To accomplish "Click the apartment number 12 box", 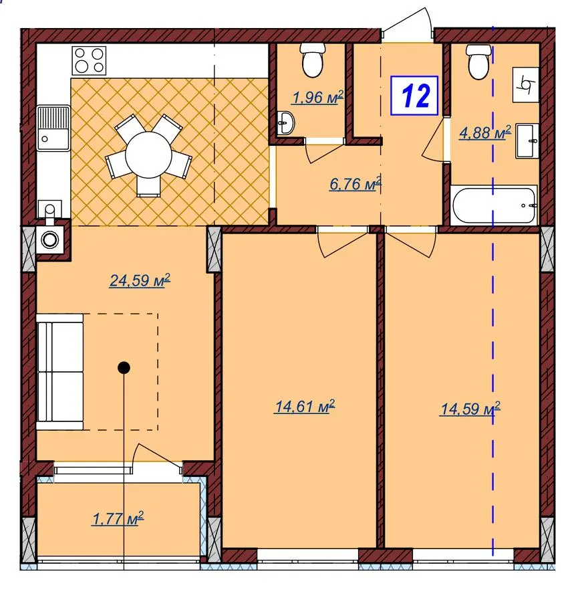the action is coord(414,96).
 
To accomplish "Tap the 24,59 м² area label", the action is coord(140,281).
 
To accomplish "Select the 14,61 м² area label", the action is coord(305,406).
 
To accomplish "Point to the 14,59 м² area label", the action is coord(470,409).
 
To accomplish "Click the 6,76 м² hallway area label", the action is coord(355,183).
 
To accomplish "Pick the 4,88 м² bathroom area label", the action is coord(485,132).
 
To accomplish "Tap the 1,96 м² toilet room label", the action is coord(317,98).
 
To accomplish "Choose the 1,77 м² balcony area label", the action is coord(118,518).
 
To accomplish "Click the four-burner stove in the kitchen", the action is coord(89,61).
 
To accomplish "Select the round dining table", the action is coord(148,155).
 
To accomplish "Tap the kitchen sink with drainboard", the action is coord(53,128).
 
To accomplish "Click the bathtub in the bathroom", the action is coord(494,205).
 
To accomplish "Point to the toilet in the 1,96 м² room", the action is coord(313,60).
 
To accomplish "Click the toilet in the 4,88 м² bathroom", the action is coord(478,62).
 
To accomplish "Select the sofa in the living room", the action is coord(60,372).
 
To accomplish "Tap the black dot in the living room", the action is coord(124,368).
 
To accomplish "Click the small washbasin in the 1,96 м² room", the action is coord(286,123).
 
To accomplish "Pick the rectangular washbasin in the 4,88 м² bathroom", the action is coord(527,140).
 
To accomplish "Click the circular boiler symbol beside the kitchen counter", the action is coord(50,240).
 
